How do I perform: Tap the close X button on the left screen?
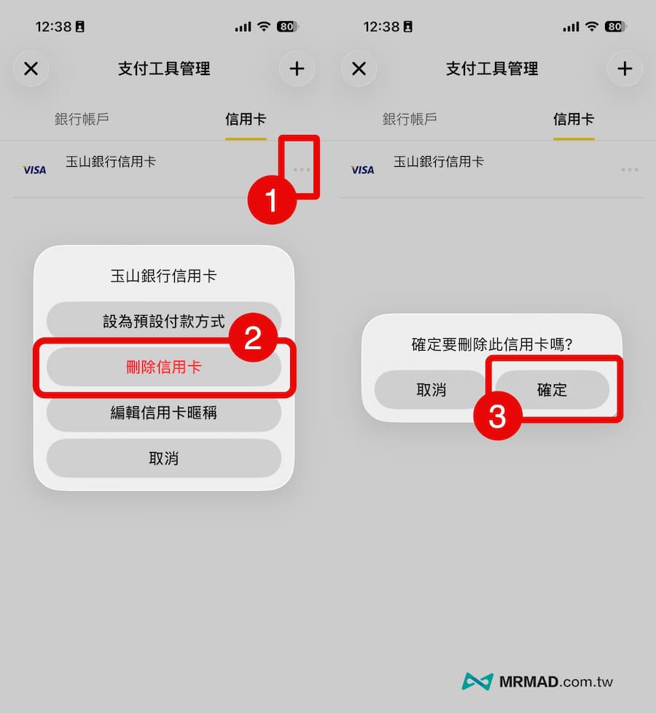[x=31, y=69]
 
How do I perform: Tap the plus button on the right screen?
[x=625, y=69]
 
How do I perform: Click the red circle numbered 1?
[x=272, y=200]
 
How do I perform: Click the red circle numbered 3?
[x=497, y=416]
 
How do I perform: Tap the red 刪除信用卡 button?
[x=163, y=367]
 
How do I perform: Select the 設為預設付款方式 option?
[x=163, y=322]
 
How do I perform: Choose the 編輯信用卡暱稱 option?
[x=163, y=413]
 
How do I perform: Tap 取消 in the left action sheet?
[x=163, y=458]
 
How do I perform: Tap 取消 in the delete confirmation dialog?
[x=431, y=390]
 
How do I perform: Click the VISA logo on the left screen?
[x=34, y=170]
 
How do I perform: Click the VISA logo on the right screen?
[x=362, y=170]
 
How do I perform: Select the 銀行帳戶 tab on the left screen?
[x=82, y=119]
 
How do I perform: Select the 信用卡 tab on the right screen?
[x=573, y=119]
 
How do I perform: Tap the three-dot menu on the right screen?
[x=629, y=170]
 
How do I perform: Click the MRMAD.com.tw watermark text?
[x=555, y=682]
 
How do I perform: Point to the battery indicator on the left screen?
[x=286, y=27]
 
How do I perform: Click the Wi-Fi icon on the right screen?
[x=592, y=27]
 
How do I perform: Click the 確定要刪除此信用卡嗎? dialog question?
[x=491, y=344]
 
